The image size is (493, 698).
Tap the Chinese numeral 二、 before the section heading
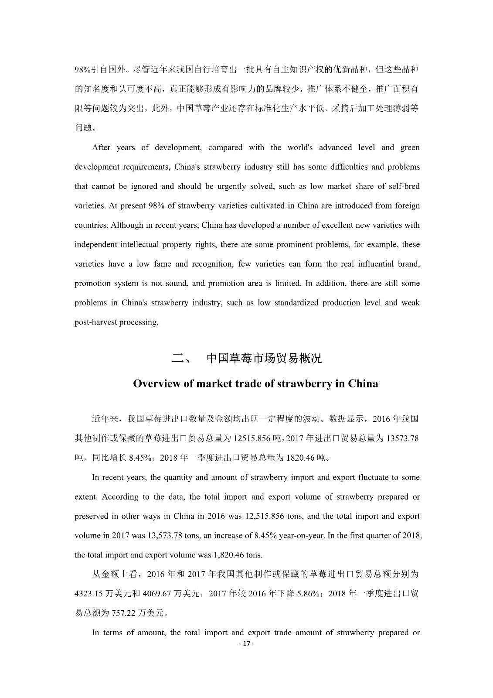tap(181, 359)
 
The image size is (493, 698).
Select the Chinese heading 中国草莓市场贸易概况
tap(264, 359)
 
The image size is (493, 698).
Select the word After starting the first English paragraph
tap(101, 147)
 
